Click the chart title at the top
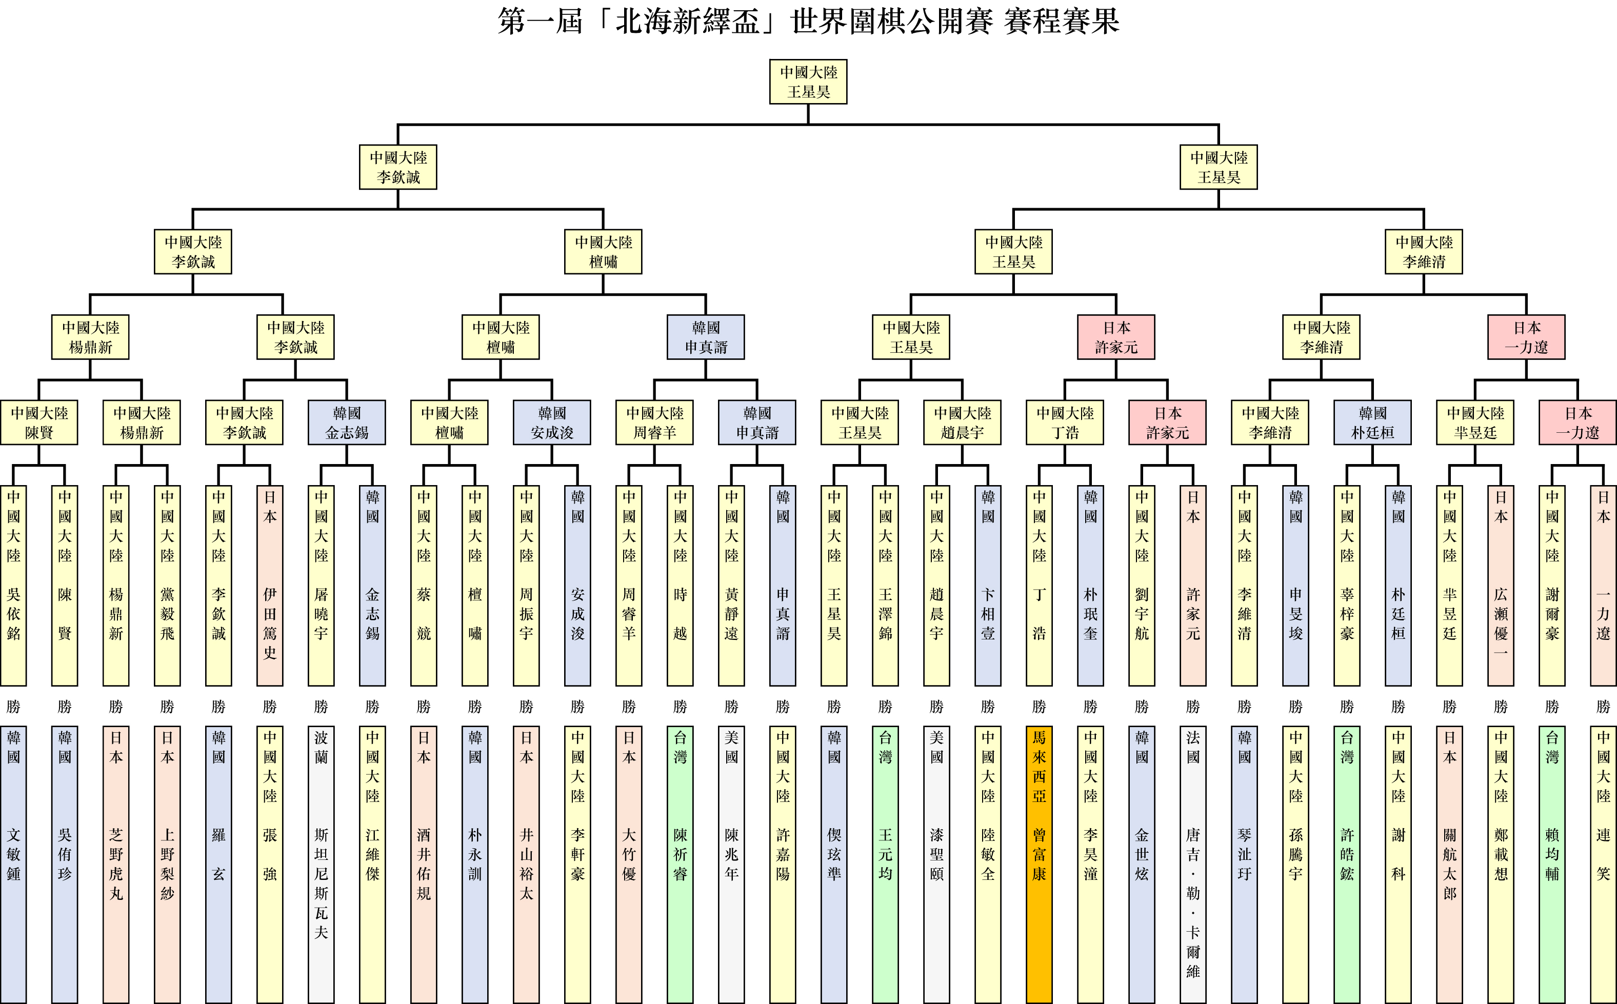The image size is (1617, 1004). point(808,21)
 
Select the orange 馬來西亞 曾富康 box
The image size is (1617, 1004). point(1039,863)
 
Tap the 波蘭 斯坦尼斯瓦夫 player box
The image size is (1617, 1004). point(322,863)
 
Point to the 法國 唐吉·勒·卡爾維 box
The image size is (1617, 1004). point(1193,863)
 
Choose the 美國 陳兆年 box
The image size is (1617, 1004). point(732,863)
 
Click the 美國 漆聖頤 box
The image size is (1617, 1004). point(937,863)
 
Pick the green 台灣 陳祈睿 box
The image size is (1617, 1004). point(680,863)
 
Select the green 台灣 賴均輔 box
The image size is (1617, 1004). point(1552,863)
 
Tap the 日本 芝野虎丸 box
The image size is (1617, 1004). point(116,863)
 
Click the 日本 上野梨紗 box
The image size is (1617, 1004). point(167,863)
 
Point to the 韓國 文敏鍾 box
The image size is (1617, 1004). point(13,863)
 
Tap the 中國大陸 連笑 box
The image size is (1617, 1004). point(1603,863)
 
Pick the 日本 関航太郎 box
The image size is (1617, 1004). point(1450,863)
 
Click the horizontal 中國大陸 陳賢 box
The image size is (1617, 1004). point(39,423)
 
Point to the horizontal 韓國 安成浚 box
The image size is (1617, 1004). point(552,423)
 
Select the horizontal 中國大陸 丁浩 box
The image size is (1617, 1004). point(1065,423)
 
